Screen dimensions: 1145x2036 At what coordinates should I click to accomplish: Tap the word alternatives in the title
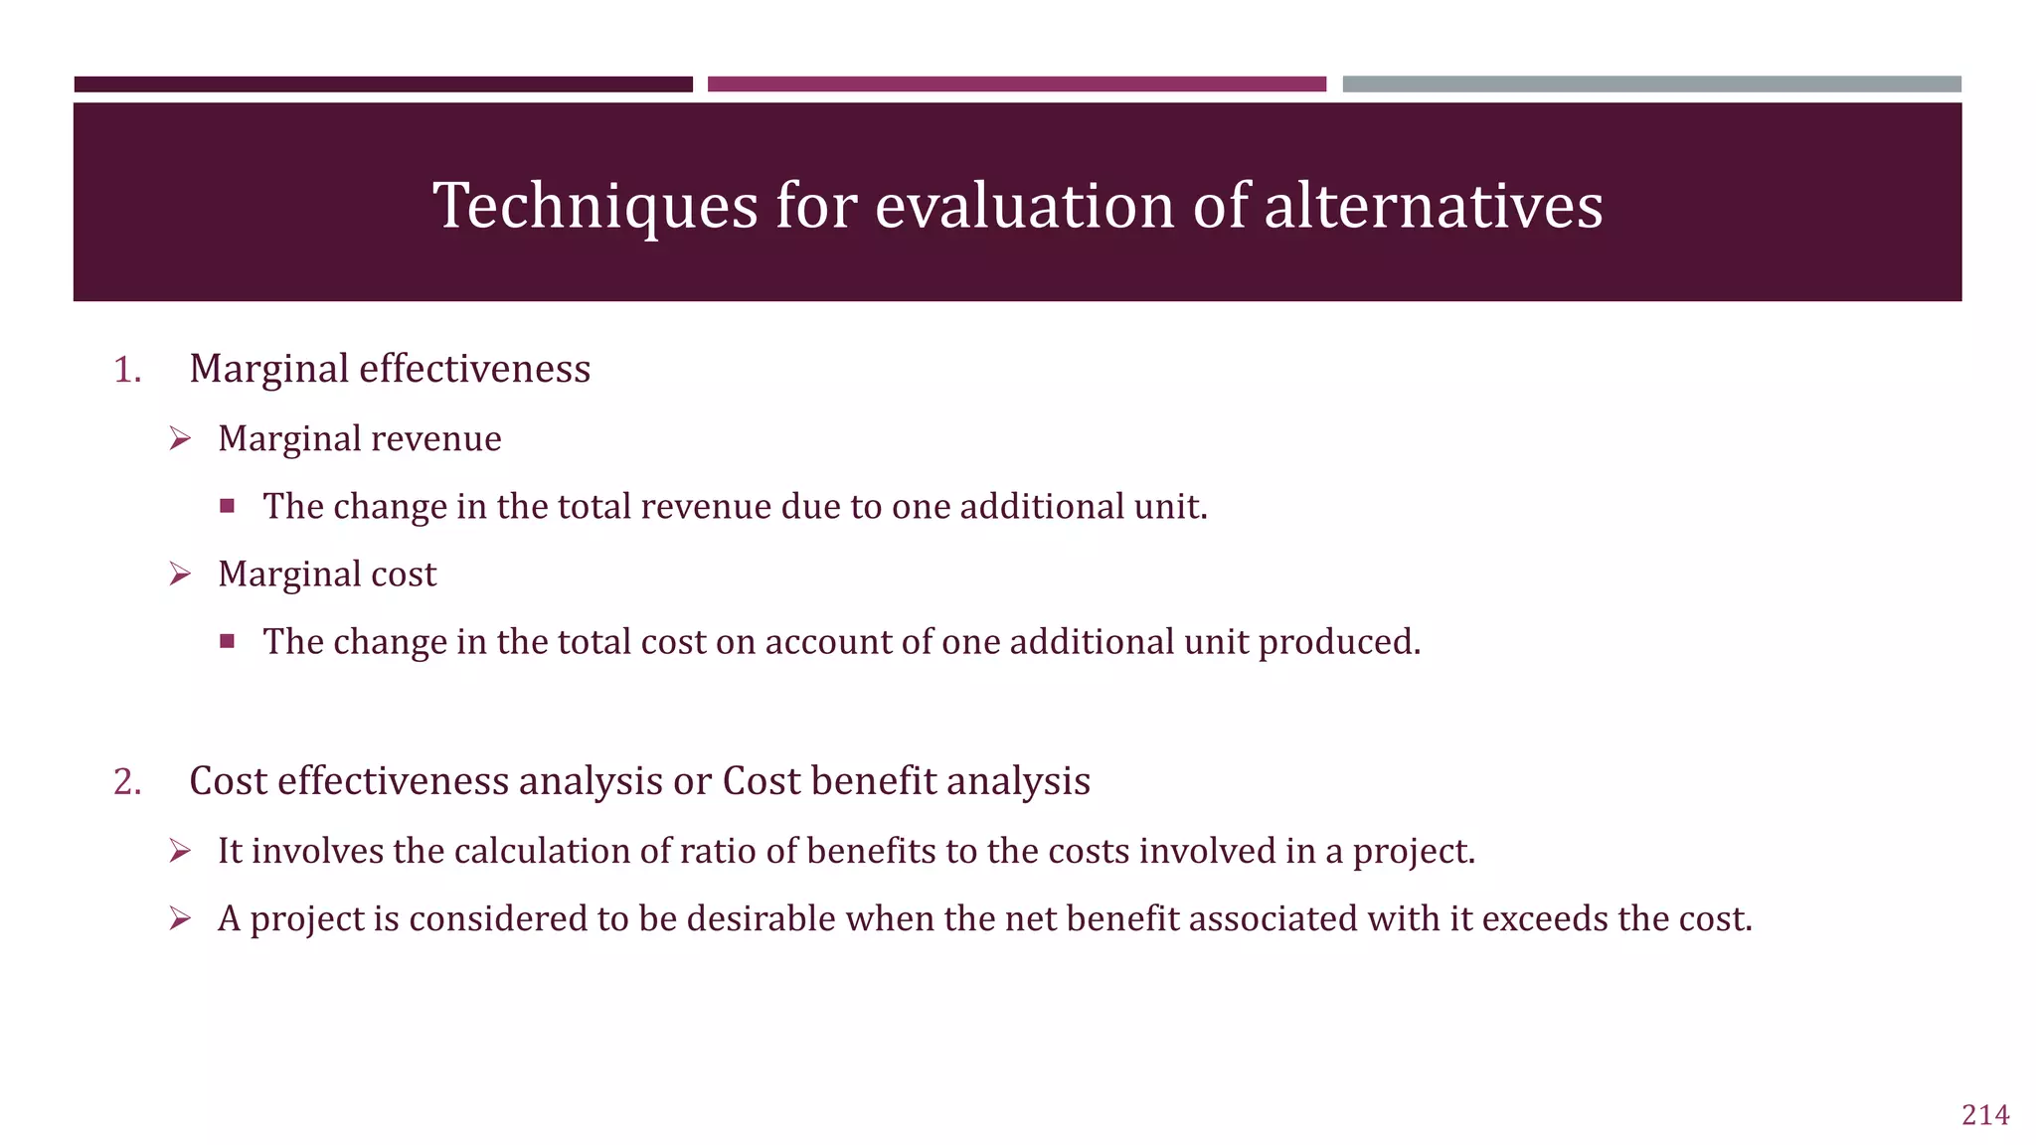[x=1433, y=206]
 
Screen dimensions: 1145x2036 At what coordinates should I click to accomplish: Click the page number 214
[x=1985, y=1115]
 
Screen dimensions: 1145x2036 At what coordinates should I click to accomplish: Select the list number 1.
[x=127, y=370]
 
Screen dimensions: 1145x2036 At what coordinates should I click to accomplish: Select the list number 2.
[x=127, y=782]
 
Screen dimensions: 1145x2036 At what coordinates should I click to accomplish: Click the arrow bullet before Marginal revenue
[x=180, y=438]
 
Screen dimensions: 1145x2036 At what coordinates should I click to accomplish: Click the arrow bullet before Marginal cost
[x=180, y=573]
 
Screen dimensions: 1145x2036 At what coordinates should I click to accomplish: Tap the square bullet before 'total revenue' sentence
[x=228, y=506]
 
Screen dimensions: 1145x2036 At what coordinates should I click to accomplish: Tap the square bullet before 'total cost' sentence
[x=228, y=641]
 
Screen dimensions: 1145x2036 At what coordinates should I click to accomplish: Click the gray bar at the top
[x=1651, y=84]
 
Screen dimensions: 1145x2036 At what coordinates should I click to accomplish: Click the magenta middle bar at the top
[x=1016, y=84]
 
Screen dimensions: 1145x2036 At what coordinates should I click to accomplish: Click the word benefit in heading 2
[x=874, y=781]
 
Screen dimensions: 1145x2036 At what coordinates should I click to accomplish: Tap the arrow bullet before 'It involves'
[x=180, y=851]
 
